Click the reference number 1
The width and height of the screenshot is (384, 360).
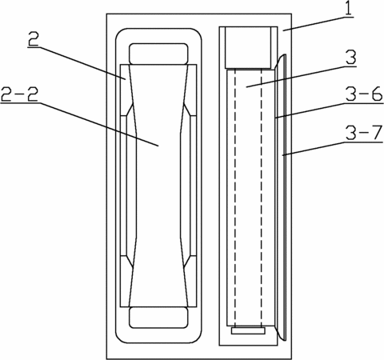coord(349,9)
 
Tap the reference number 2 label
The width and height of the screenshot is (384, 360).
coord(33,40)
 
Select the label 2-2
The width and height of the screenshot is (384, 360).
coord(19,94)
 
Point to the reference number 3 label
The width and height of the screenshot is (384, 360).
coord(350,58)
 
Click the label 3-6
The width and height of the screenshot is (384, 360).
coord(364,94)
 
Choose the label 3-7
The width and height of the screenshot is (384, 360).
coord(364,133)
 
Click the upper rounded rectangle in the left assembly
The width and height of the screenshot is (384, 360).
coord(158,54)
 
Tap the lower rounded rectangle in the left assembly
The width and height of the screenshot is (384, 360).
coord(158,318)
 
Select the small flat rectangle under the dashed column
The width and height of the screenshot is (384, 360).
coord(248,330)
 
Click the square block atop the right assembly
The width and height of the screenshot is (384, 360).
coord(248,47)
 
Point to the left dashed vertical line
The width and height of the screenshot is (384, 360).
coord(235,198)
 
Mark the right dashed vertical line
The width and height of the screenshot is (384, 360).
coord(262,198)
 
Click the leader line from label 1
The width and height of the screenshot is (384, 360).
coord(318,24)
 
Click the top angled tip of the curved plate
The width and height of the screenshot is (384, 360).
coord(284,55)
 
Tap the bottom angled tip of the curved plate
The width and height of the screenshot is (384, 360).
coord(284,340)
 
